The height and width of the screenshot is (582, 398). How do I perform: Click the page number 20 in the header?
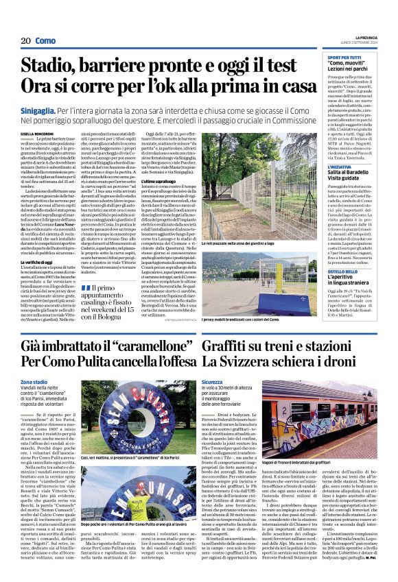[x=26, y=41]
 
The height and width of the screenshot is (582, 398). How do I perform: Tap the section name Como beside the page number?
[x=45, y=41]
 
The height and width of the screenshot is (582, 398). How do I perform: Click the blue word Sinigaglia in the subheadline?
[x=43, y=110]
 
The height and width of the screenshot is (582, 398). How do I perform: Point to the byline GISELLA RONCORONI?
[x=36, y=134]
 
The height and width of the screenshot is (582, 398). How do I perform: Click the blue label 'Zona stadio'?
[x=34, y=382]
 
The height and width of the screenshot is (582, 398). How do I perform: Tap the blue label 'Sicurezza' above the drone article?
[x=213, y=382]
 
